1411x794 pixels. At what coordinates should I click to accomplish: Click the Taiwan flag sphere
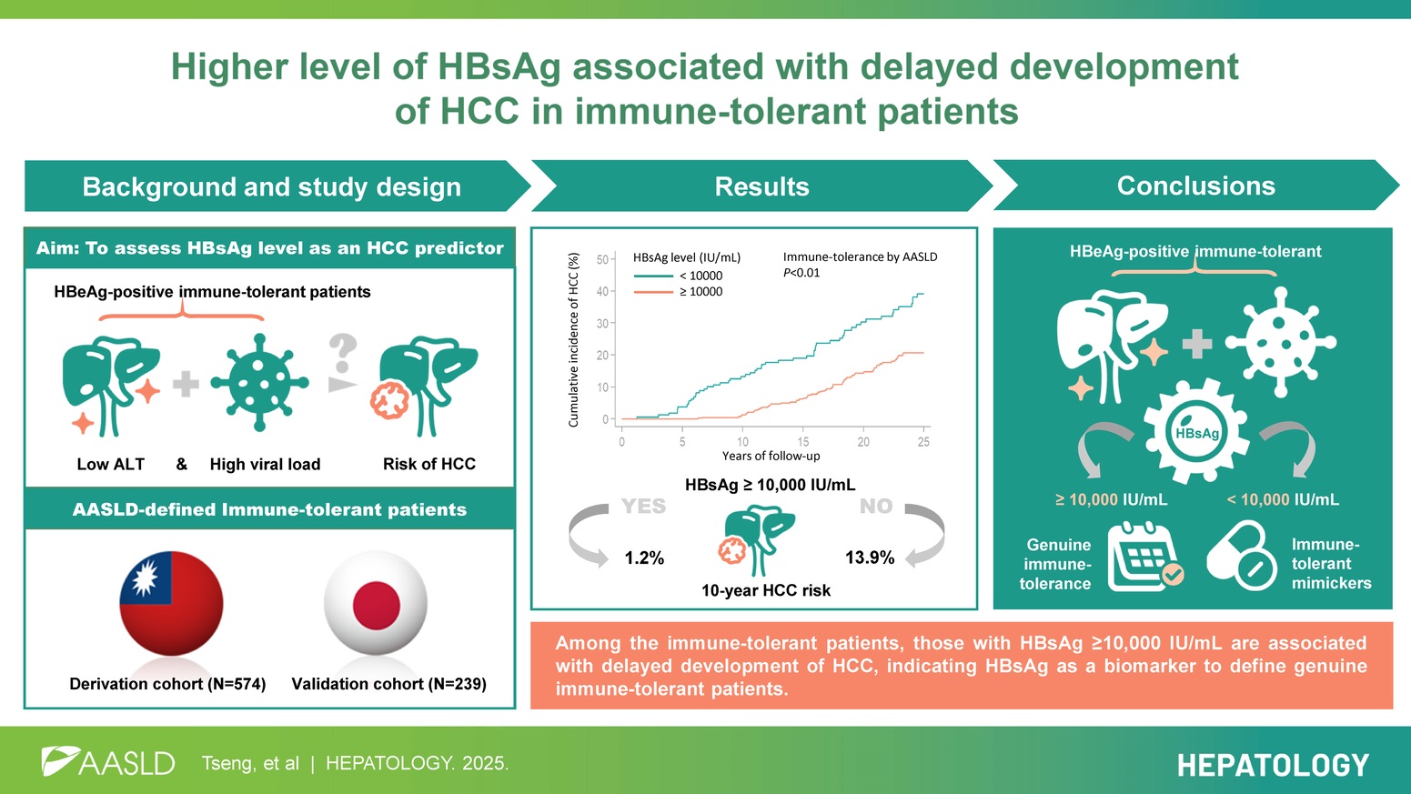tap(171, 602)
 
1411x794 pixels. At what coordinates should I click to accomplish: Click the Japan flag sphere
tap(376, 602)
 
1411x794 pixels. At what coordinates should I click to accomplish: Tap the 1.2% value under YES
tap(644, 558)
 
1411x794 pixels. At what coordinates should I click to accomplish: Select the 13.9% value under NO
tap(870, 558)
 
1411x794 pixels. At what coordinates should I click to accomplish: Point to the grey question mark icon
tap(343, 355)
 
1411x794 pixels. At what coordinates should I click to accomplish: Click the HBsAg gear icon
tap(1196, 432)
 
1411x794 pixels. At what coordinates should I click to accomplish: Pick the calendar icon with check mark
tap(1144, 556)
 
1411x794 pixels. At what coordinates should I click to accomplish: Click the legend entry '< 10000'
tap(700, 276)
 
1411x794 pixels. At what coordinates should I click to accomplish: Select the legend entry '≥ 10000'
tap(700, 292)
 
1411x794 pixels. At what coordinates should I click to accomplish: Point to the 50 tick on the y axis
tap(602, 259)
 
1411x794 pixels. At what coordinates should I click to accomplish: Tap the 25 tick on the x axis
tap(923, 442)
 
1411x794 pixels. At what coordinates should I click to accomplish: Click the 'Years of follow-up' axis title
tap(771, 456)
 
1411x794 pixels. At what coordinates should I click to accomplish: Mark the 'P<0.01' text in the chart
tap(801, 273)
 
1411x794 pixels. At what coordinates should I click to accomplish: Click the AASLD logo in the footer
tap(108, 762)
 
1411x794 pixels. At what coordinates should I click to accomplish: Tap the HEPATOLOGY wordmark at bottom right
tap(1273, 765)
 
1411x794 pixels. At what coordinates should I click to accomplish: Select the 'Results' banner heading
tap(761, 186)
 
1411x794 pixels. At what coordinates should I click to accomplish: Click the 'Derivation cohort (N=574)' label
tap(167, 684)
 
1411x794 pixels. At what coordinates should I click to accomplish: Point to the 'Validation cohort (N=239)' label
tap(388, 684)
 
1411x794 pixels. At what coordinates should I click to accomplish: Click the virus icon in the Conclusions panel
tap(1280, 342)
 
